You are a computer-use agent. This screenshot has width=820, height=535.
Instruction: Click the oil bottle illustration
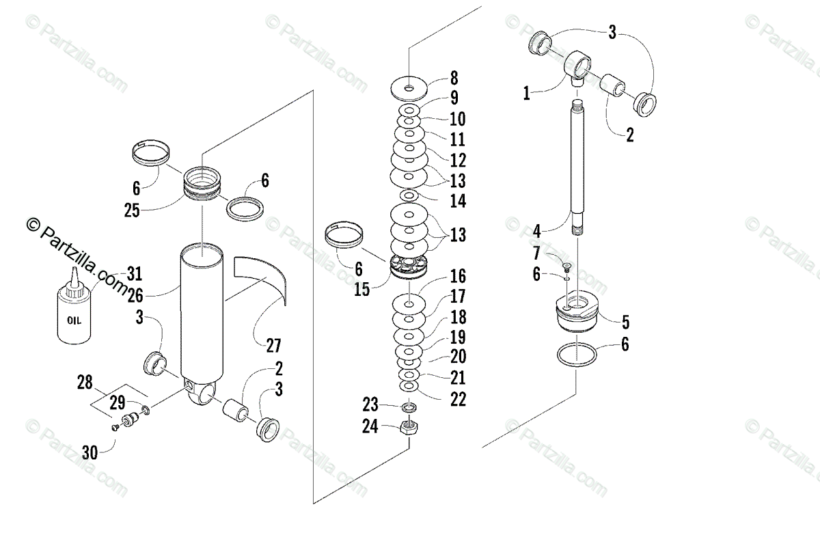point(72,314)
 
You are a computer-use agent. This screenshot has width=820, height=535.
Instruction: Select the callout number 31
point(134,275)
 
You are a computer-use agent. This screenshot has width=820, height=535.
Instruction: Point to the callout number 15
point(361,289)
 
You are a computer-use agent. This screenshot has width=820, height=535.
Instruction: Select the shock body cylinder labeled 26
point(204,311)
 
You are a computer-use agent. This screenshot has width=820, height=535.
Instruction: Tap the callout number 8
point(454,77)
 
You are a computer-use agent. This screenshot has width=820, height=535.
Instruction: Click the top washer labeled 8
point(409,87)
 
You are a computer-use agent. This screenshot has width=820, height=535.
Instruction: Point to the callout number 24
point(370,427)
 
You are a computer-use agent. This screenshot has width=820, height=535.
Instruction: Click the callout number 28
point(85,382)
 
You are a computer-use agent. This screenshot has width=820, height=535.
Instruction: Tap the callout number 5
point(625,322)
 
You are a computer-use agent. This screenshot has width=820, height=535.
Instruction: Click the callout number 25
point(133,210)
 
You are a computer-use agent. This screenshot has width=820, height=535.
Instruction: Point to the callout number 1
point(526,94)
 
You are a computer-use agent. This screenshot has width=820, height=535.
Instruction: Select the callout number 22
point(457,399)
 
